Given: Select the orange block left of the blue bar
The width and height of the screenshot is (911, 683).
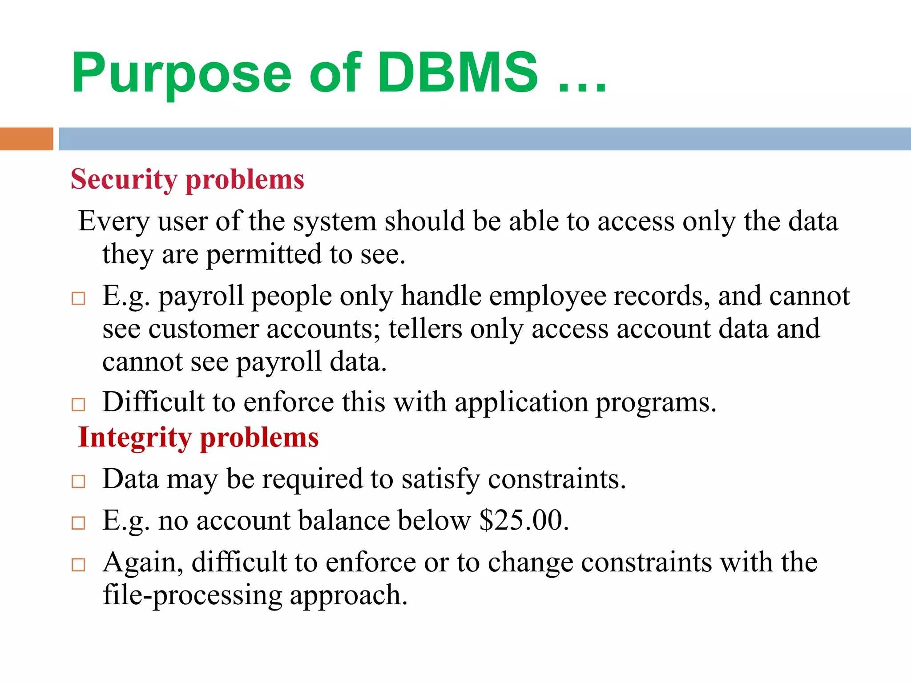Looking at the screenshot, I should tap(26, 139).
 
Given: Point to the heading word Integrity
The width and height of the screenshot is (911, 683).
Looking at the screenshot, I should tap(135, 438).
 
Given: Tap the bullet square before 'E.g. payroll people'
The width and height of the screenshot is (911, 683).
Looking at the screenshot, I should tap(78, 298).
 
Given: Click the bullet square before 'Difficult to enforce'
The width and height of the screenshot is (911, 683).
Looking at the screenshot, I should tap(78, 404).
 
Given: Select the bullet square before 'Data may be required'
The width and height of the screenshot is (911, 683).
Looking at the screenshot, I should tap(78, 481).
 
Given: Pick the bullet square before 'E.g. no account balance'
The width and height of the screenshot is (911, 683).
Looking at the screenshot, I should tap(78, 523).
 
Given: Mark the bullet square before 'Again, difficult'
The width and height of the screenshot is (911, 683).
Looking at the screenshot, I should tap(78, 565).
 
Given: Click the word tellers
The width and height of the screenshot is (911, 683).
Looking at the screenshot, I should tap(425, 329).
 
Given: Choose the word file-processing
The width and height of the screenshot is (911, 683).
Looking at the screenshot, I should tap(192, 595).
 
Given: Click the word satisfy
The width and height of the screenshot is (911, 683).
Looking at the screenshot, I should tap(440, 479).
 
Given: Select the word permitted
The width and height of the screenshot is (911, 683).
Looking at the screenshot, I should tap(264, 254).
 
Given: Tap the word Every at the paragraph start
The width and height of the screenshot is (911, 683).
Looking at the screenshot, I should tap(114, 221).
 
